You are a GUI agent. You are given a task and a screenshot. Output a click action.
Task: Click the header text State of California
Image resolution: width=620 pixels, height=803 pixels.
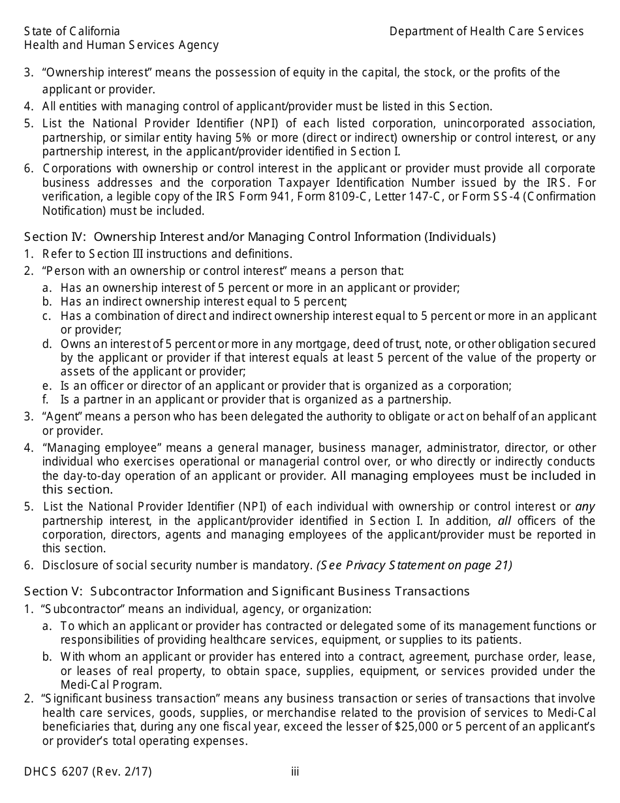tap(72, 31)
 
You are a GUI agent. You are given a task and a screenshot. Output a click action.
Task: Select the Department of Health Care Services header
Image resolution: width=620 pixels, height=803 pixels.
tap(486, 31)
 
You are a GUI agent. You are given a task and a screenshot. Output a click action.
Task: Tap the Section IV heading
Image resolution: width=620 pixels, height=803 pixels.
tap(260, 236)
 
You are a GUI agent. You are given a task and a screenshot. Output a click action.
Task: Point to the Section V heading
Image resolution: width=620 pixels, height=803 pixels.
tap(247, 591)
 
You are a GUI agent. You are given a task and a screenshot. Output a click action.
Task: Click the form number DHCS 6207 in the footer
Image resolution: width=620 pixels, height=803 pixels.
tap(87, 772)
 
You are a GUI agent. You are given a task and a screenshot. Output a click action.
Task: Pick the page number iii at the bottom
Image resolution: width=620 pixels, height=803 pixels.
tap(295, 772)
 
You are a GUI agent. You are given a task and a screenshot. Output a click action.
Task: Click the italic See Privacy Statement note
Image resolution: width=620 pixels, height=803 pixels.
tap(414, 565)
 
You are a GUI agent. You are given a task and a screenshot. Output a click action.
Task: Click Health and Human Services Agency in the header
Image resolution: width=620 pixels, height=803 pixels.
tap(121, 45)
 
